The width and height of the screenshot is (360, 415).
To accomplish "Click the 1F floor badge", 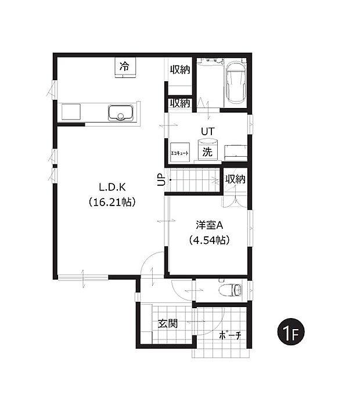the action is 291,331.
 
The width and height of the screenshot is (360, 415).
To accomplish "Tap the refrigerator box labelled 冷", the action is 125,67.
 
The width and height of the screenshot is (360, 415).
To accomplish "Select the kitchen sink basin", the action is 120,113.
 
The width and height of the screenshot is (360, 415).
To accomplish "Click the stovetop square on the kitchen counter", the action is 71,112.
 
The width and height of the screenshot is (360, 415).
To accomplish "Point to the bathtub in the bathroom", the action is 236,83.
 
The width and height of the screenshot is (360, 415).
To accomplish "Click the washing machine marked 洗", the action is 208,150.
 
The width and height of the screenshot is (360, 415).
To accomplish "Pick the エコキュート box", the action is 180,153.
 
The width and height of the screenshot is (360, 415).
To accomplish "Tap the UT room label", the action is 208,131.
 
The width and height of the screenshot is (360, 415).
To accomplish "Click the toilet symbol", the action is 231,290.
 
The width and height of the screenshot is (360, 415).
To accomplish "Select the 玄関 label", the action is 168,323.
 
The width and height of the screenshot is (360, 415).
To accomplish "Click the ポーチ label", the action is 230,335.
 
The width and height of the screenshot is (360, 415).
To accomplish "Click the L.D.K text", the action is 112,187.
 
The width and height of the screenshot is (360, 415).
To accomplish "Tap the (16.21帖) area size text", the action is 112,202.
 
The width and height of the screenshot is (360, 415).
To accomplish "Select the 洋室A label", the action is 209,225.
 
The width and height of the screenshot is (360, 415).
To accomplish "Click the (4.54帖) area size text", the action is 209,240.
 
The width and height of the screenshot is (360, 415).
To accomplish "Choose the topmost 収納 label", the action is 180,70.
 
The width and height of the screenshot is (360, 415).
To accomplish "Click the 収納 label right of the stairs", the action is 235,179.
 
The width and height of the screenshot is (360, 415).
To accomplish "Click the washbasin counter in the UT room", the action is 236,153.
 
